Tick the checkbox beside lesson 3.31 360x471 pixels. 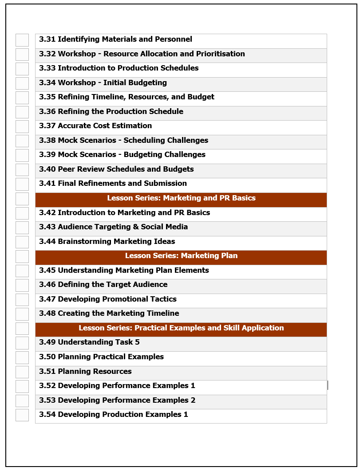(22, 40)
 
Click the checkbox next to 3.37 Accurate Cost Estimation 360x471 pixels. (22, 126)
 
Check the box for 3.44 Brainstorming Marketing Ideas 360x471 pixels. (22, 242)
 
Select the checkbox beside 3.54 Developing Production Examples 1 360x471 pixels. (22, 415)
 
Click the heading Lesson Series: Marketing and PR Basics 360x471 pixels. (181, 198)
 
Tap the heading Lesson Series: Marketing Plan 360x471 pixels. (181, 256)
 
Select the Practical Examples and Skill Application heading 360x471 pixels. (181, 328)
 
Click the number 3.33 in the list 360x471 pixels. (47, 68)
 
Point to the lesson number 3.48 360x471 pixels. (47, 314)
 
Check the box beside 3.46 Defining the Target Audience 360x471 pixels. (22, 285)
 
